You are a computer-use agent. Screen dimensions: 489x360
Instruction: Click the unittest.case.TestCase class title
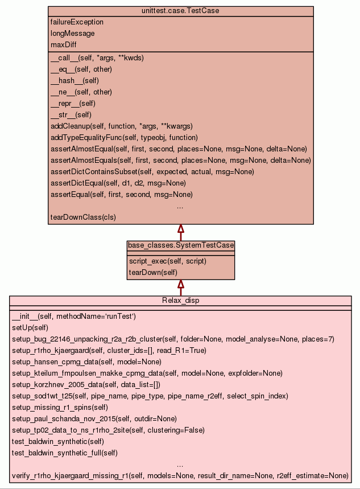pos(180,11)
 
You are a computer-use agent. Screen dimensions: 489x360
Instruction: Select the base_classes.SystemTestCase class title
pos(180,245)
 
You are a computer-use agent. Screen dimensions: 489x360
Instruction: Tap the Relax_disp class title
pos(180,301)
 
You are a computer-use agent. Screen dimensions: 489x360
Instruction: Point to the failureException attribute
pos(77,22)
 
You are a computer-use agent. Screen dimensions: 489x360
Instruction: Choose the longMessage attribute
pos(73,34)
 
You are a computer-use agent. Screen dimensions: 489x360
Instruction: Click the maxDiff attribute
pos(64,44)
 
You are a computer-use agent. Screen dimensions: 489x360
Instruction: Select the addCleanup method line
pos(122,126)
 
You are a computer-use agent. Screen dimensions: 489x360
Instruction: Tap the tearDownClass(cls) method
pos(84,217)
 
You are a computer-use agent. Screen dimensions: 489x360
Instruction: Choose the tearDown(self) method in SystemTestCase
pos(153,273)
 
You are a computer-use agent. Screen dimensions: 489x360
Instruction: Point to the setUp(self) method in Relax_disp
pos(30,328)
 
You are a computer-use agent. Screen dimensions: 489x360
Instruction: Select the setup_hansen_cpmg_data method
pos(86,362)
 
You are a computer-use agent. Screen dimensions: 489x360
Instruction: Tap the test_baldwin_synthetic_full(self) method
pos(65,453)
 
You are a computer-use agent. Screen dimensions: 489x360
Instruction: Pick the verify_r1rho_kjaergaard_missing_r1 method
pos(180,475)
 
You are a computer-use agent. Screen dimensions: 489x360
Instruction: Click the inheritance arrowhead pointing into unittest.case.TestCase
pos(180,229)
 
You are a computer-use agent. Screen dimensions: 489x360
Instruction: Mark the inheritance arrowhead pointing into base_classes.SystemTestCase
pos(180,284)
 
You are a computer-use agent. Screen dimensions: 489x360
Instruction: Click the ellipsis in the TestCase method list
pos(180,206)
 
